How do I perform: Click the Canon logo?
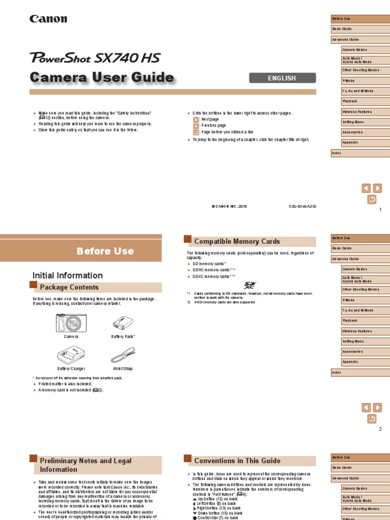48,19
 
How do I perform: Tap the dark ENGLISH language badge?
282,78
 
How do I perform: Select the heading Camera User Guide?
102,78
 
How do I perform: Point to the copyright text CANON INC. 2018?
229,207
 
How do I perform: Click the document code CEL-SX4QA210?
302,207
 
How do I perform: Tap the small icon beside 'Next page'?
197,119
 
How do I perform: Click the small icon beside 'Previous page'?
197,125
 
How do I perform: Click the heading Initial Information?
68,275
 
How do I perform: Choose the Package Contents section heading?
69,287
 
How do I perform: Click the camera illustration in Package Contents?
71,323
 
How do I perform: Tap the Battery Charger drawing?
71,354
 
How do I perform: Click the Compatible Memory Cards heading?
237,242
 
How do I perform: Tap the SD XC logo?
250,286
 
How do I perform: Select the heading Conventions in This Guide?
237,461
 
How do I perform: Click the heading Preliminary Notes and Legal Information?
86,465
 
